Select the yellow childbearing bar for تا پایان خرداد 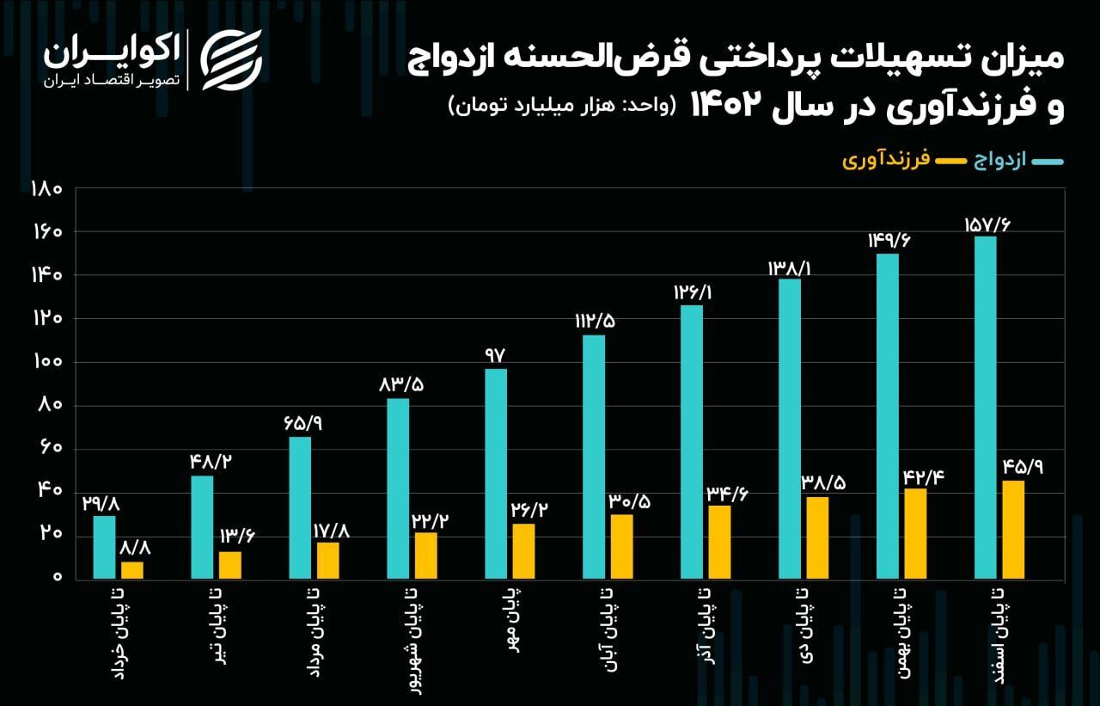(132, 569)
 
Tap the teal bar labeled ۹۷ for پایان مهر (496, 473)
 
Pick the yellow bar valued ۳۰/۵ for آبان (621, 546)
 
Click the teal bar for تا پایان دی (790, 428)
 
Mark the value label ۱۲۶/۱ (694, 292)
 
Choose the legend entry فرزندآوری (886, 161)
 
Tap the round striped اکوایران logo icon (230, 60)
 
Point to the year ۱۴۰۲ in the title (728, 107)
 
